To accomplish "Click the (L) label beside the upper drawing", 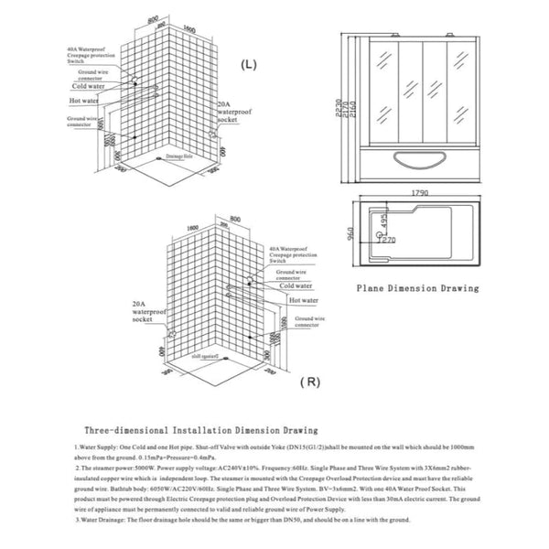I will (x=248, y=67).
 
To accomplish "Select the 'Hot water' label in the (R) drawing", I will (x=303, y=299).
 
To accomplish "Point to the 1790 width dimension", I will (x=421, y=193).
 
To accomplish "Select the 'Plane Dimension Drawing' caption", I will (x=418, y=287).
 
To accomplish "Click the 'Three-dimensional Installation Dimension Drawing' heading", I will (x=200, y=428).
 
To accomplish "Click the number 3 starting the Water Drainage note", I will (x=79, y=519).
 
